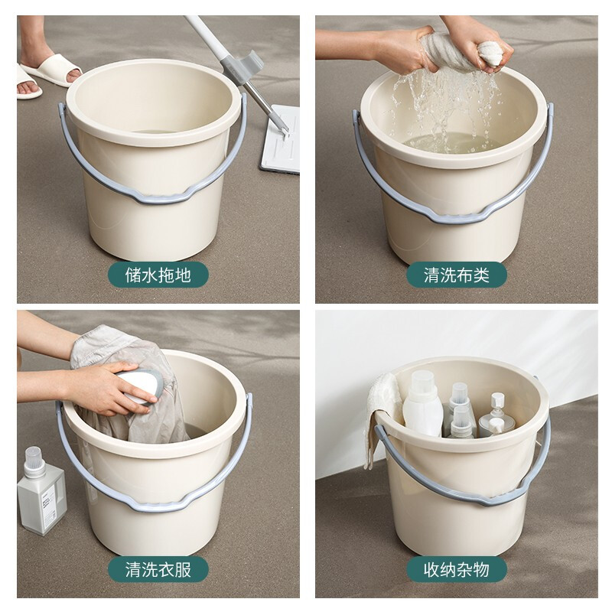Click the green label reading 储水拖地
tap(158, 275)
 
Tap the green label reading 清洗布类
tap(456, 275)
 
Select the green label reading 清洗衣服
tap(158, 569)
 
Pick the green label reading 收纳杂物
tap(456, 569)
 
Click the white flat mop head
tap(281, 138)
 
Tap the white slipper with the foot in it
tap(50, 70)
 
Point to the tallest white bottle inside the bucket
tap(423, 404)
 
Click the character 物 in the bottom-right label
tap(481, 569)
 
